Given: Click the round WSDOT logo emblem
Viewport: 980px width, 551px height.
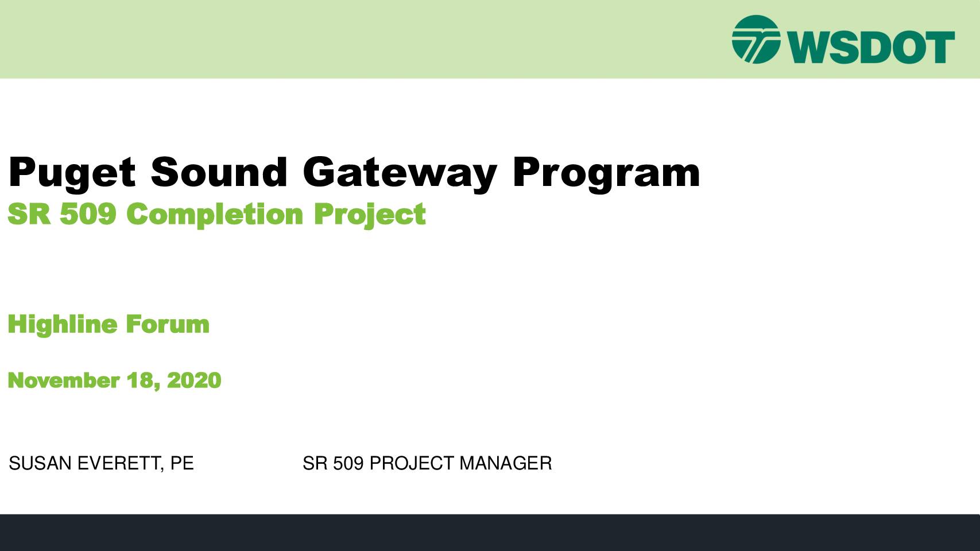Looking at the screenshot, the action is pyautogui.click(x=756, y=40).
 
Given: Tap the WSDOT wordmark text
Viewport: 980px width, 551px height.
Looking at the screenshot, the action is pyautogui.click(x=871, y=47).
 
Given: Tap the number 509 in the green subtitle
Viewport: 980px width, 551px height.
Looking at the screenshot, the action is pyautogui.click(x=88, y=214).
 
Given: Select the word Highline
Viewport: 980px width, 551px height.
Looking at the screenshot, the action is pyautogui.click(x=63, y=324).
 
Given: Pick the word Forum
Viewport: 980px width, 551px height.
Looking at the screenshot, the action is pyautogui.click(x=168, y=324).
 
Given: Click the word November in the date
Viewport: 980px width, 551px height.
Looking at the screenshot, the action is pyautogui.click(x=64, y=380).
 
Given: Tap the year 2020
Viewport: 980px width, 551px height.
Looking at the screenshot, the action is pyautogui.click(x=194, y=380).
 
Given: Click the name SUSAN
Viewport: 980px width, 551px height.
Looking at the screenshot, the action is pyautogui.click(x=40, y=463).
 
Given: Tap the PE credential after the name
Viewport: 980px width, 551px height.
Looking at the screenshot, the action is pyautogui.click(x=182, y=463).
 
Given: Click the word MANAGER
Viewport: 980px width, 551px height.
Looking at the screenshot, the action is pyautogui.click(x=505, y=463).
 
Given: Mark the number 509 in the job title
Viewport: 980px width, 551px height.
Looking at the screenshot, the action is pyautogui.click(x=348, y=463).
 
